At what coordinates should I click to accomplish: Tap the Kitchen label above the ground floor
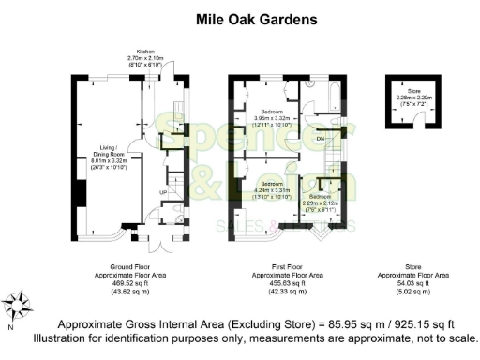(x=145, y=52)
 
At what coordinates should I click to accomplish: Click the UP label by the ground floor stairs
(x=164, y=192)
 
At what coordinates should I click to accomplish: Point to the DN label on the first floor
(x=321, y=138)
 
